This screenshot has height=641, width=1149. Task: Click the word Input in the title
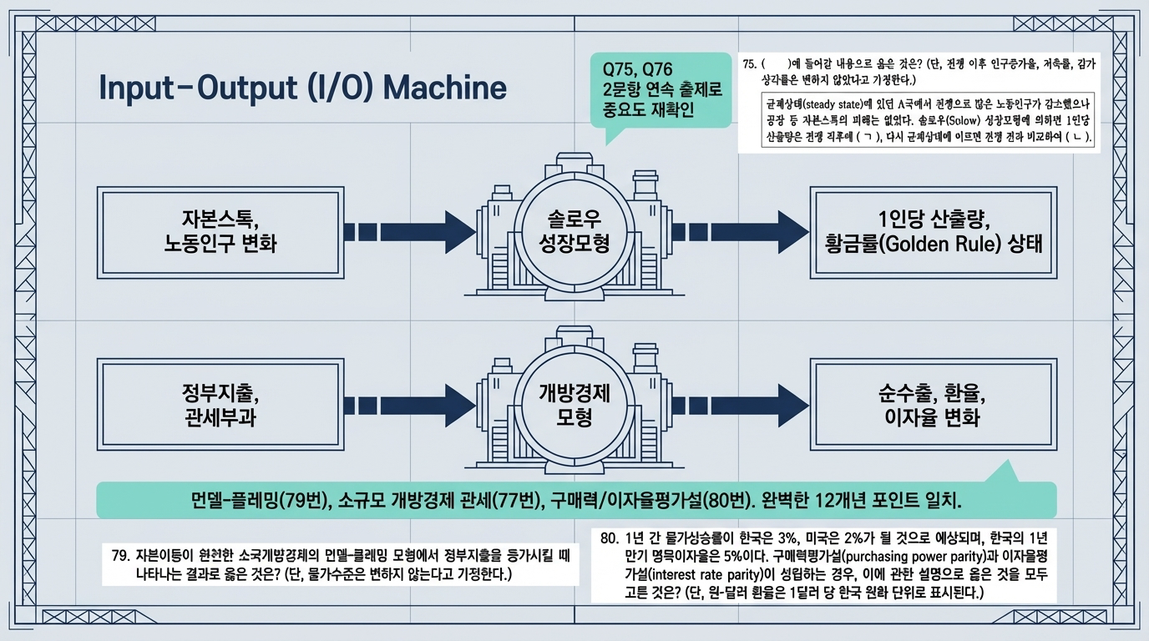[139, 87]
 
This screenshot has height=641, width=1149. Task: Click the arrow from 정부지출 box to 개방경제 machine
[409, 404]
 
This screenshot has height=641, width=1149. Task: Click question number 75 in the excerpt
[748, 63]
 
